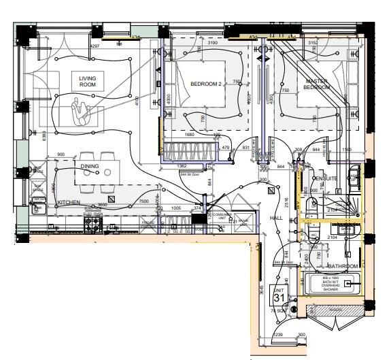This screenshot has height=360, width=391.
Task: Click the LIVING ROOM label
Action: (x=88, y=82)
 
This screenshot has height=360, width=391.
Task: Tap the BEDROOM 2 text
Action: (x=205, y=84)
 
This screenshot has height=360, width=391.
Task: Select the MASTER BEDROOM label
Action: (x=316, y=84)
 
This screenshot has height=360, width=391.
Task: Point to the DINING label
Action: (x=90, y=166)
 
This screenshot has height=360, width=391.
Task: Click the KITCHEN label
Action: (x=69, y=203)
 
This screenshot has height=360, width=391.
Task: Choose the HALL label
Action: (x=276, y=218)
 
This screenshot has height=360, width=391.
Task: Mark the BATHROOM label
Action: (x=342, y=266)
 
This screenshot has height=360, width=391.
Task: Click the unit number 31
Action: (x=279, y=297)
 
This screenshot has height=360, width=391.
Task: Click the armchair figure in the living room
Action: (x=82, y=110)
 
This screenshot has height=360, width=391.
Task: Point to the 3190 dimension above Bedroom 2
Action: (x=212, y=43)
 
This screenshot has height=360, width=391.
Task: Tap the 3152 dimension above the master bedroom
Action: (x=312, y=43)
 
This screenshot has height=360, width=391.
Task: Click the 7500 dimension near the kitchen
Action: (x=144, y=202)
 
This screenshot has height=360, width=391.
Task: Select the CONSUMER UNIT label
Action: (x=221, y=215)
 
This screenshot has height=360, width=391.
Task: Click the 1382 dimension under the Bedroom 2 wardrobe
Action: (x=182, y=166)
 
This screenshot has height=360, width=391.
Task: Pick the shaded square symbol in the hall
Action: (x=272, y=193)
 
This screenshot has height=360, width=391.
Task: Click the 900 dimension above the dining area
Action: (x=61, y=154)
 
